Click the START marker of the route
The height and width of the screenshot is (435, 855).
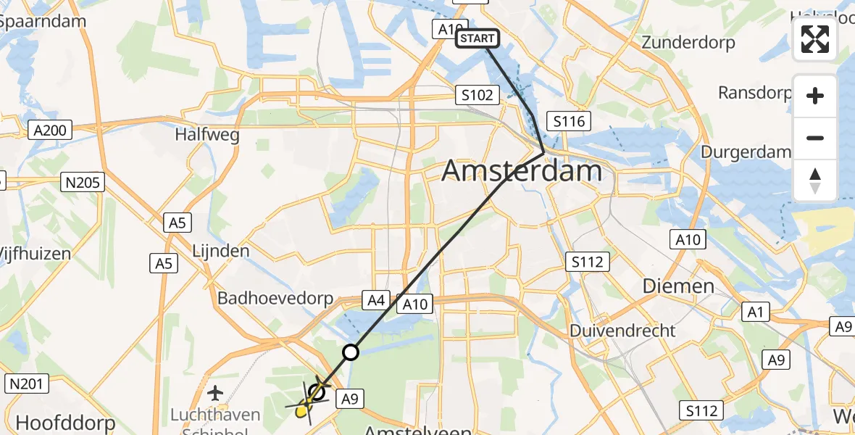(477, 38)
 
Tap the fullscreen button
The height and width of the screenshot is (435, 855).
(815, 40)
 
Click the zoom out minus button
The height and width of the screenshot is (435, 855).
(815, 138)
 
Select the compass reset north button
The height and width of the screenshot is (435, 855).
(815, 181)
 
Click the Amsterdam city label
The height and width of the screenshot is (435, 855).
(522, 171)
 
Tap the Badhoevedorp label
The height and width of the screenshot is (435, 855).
(275, 299)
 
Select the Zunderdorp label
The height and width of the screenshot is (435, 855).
(688, 43)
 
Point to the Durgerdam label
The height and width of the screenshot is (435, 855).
(746, 152)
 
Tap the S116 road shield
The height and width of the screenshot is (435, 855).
(569, 121)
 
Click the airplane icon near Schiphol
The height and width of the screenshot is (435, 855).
(214, 394)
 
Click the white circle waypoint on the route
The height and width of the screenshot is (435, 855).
(351, 352)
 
